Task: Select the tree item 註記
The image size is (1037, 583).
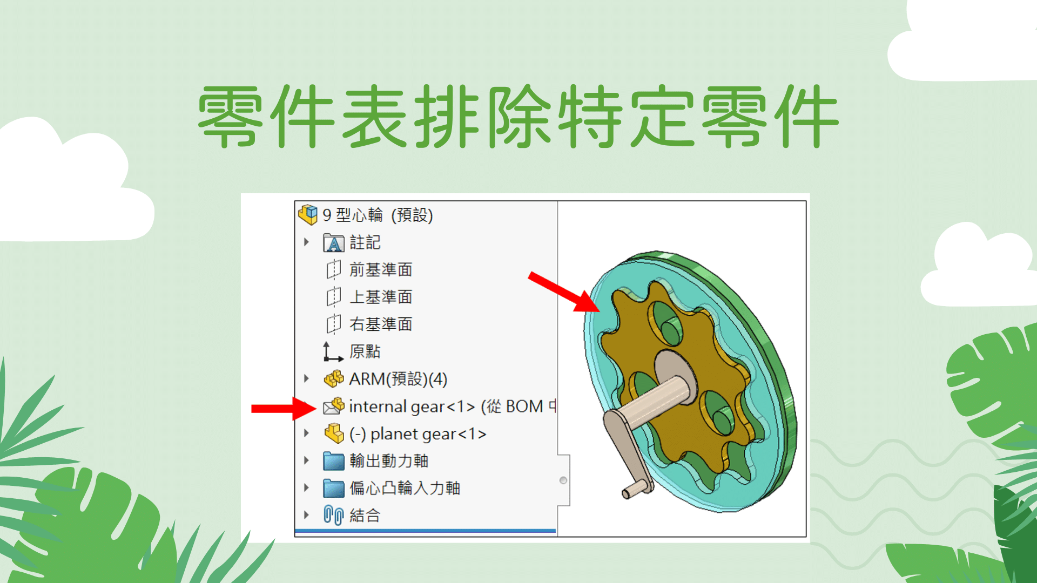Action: click(365, 242)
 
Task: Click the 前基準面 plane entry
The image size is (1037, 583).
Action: click(381, 269)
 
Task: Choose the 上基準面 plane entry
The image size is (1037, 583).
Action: click(381, 297)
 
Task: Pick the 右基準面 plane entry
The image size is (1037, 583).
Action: click(381, 324)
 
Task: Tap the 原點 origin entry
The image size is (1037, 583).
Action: click(365, 351)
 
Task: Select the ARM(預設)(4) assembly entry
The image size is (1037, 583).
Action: click(398, 379)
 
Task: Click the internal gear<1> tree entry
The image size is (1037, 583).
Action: click(412, 406)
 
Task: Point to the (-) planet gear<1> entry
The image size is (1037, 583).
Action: click(418, 434)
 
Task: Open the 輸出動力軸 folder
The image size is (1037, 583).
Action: click(389, 460)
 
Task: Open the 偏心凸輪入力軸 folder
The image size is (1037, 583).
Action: click(405, 488)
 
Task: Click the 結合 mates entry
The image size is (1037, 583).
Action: click(365, 516)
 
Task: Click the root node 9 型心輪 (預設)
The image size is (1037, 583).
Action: click(378, 215)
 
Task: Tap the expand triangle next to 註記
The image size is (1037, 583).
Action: click(306, 242)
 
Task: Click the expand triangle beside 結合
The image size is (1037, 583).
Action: click(306, 515)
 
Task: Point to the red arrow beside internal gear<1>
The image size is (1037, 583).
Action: click(284, 409)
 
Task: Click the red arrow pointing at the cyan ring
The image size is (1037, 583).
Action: click(564, 291)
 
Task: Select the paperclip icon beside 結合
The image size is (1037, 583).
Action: click(333, 515)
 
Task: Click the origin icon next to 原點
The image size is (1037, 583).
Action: click(333, 351)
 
